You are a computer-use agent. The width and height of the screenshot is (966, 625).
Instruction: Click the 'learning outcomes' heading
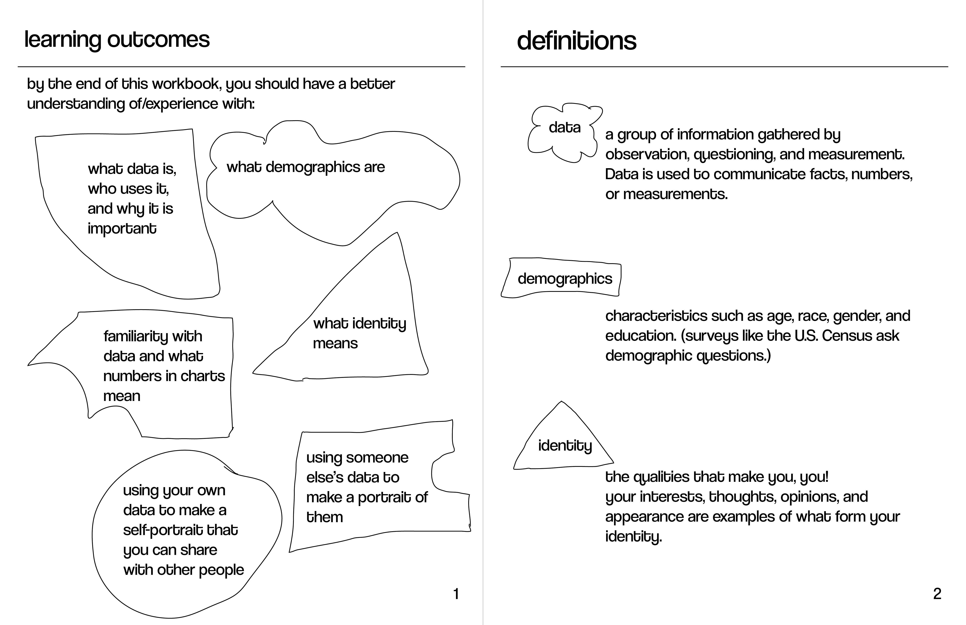(x=117, y=40)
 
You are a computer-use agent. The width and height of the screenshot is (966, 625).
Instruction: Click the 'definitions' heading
(x=576, y=41)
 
